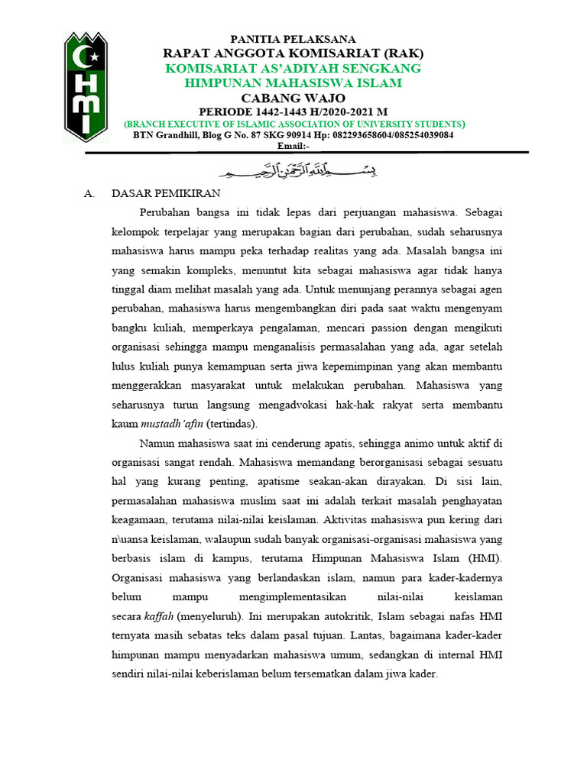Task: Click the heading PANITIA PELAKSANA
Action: pyautogui.click(x=293, y=39)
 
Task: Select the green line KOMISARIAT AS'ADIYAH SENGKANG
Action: pyautogui.click(x=294, y=68)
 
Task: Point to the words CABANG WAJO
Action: pyautogui.click(x=293, y=98)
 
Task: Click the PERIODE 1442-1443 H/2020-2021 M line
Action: pyautogui.click(x=293, y=111)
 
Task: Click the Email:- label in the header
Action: pyautogui.click(x=293, y=145)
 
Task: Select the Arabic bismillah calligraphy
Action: pyautogui.click(x=293, y=170)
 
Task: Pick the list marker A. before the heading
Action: pyautogui.click(x=89, y=194)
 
